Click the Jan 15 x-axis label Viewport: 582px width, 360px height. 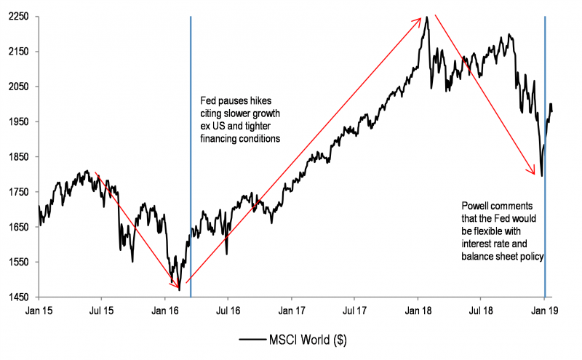(38, 311)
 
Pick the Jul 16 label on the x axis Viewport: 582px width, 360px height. (228, 311)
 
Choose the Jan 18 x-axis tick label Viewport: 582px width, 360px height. (418, 311)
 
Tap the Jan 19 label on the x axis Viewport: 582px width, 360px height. (543, 311)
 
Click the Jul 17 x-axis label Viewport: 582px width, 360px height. (354, 311)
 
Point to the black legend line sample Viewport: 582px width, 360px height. (255, 340)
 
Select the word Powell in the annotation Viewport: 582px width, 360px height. (477, 206)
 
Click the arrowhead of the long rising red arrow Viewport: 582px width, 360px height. (421, 19)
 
